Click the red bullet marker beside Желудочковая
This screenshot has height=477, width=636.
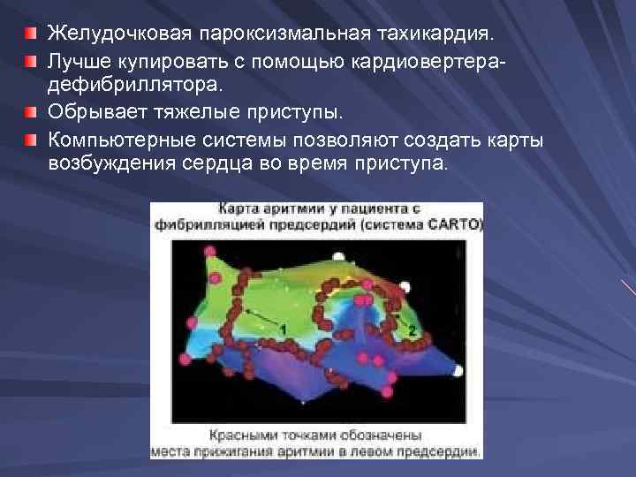33,34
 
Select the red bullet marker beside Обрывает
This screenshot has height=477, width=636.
33,113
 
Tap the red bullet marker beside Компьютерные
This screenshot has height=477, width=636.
33,140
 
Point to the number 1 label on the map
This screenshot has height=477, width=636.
282,329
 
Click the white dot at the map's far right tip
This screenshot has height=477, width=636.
458,369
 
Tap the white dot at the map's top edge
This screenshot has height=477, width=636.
405,286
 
